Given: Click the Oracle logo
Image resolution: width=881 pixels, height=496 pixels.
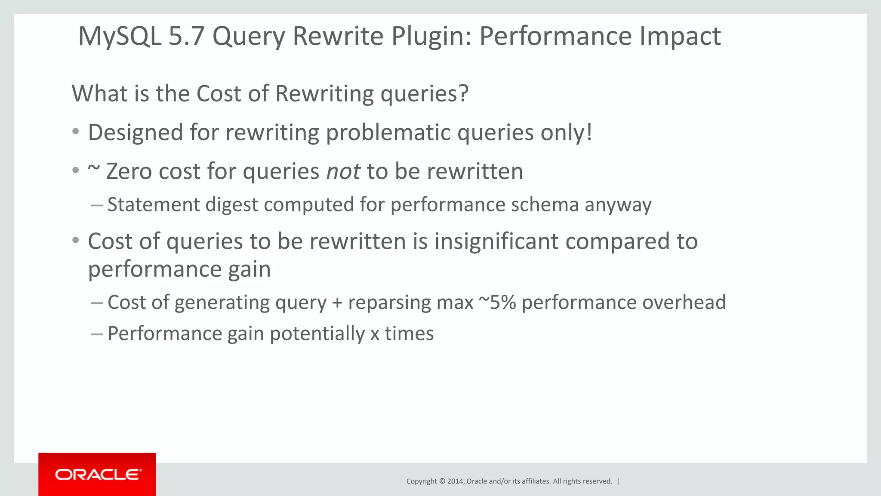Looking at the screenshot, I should (x=97, y=474).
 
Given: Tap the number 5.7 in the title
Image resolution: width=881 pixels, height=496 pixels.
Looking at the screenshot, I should (x=186, y=36).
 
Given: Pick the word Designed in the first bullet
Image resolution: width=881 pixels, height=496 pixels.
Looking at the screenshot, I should (x=136, y=133).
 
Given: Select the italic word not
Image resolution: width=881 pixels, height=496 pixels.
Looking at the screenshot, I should (x=343, y=171).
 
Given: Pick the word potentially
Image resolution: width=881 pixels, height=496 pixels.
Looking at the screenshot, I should (x=317, y=334).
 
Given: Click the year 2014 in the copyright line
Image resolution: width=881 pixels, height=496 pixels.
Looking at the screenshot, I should (x=455, y=481).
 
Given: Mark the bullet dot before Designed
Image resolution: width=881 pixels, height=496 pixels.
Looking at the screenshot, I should (x=76, y=132).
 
